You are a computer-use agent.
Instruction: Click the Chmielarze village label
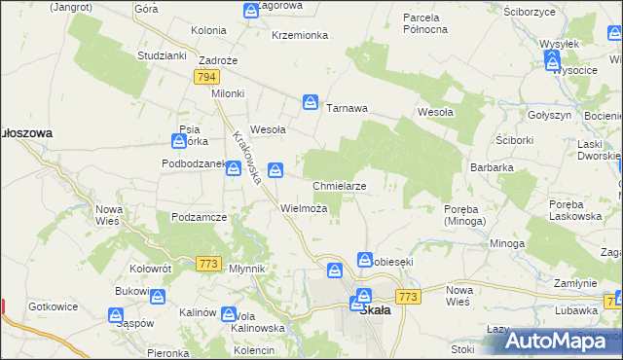pyautogui.click(x=339, y=185)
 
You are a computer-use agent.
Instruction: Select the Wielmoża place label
pyautogui.click(x=310, y=208)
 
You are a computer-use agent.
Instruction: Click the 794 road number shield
pyautogui.click(x=205, y=77)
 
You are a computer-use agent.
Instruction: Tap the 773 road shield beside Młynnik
pyautogui.click(x=207, y=263)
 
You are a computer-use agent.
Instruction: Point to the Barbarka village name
pyautogui.click(x=491, y=167)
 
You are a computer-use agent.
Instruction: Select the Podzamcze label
pyautogui.click(x=199, y=216)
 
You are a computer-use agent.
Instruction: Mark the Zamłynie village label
pyautogui.click(x=574, y=282)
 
